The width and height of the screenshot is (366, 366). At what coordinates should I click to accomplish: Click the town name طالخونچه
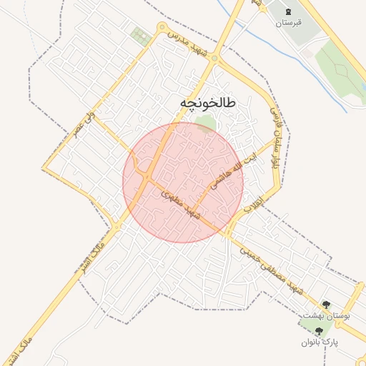[x=207, y=104]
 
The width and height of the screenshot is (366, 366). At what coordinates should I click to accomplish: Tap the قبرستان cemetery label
[x=289, y=23]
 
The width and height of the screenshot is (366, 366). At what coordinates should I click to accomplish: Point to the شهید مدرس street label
[x=189, y=43]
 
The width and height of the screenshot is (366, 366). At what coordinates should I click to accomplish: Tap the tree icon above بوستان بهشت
[x=327, y=305]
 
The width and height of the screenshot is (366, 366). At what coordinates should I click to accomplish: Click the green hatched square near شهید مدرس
[x=141, y=36]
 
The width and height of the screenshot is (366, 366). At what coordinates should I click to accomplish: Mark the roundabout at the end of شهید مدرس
[x=161, y=29]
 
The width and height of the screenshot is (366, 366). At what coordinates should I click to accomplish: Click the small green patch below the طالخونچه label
[x=206, y=124]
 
